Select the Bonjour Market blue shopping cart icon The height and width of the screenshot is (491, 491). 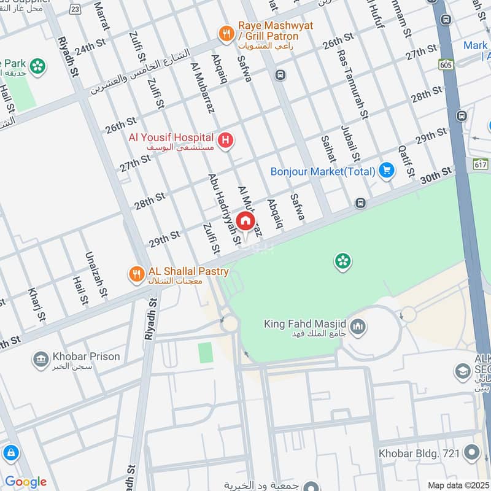(x=386, y=171)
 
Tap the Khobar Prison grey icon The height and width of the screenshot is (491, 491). (x=41, y=360)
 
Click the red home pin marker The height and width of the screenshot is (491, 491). (x=245, y=222)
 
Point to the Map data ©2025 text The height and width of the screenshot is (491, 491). (x=457, y=485)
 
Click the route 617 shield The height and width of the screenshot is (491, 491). (x=481, y=164)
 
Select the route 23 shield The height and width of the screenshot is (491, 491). (x=75, y=10)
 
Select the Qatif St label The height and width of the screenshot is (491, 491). (x=403, y=158)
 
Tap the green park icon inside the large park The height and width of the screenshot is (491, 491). (x=342, y=262)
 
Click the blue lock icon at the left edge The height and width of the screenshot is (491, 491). (x=10, y=454)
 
